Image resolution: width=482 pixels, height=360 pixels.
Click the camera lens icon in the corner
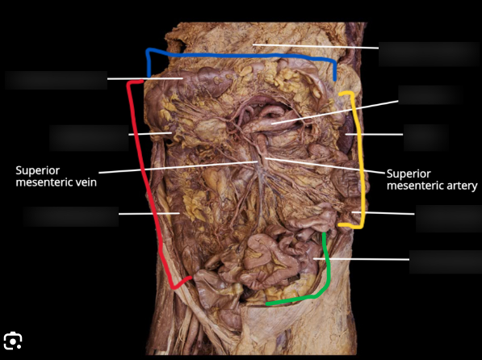[13, 341]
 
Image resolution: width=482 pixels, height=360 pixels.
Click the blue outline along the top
[241, 56]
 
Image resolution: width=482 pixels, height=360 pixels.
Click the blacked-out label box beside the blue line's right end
[429, 54]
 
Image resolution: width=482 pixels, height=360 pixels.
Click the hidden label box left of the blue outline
[56, 80]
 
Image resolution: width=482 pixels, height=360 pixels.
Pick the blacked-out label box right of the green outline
[446, 262]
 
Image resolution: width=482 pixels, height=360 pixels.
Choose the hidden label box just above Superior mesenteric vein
[89, 138]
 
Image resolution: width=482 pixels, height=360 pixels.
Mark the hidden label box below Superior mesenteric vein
[71, 216]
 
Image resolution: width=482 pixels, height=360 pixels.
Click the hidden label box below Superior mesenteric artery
[449, 219]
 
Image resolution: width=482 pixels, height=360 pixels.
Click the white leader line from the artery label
[325, 165]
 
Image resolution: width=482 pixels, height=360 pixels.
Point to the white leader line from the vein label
[178, 167]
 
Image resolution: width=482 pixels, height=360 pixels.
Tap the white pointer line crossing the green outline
[361, 259]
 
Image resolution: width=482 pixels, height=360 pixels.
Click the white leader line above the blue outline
[316, 46]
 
